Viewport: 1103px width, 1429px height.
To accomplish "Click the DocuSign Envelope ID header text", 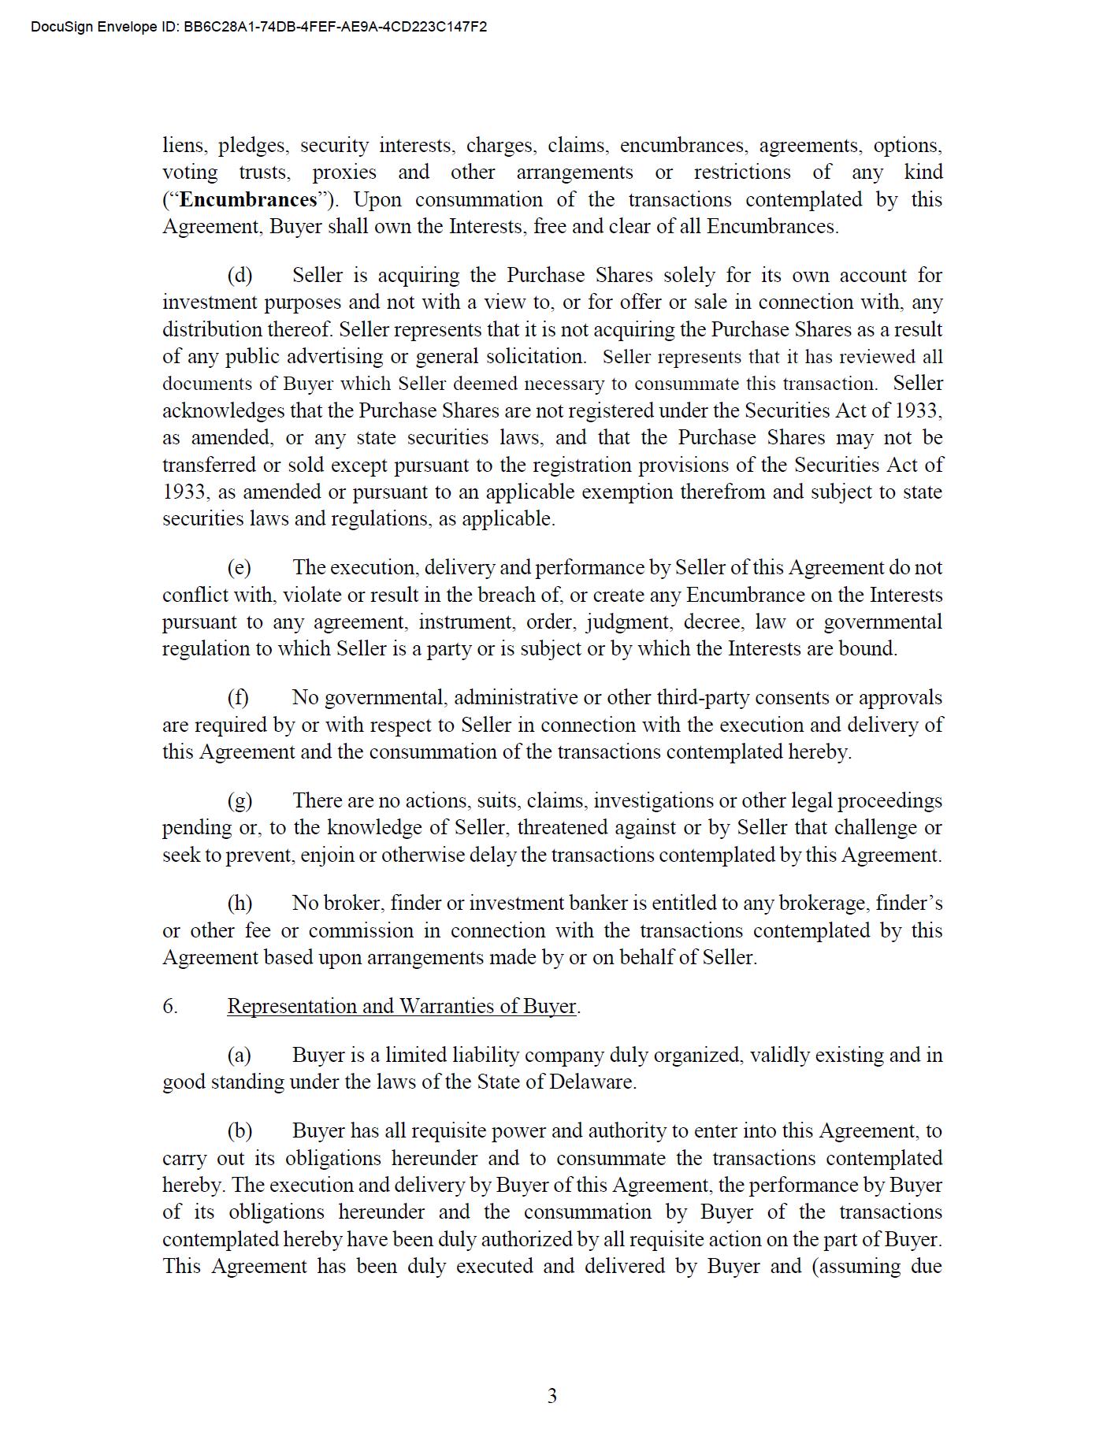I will point(258,27).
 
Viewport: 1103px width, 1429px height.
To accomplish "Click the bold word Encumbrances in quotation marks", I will point(247,199).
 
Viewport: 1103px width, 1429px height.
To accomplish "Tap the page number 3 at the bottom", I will point(551,1396).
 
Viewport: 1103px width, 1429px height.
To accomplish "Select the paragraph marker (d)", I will point(240,275).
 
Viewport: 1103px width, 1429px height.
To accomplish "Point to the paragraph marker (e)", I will point(239,567).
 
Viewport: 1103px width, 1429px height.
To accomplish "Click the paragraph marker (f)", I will point(238,697).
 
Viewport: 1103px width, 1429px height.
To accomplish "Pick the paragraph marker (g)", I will point(240,800).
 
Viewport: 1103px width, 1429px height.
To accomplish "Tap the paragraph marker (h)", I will point(240,903).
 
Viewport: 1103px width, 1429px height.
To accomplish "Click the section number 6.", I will point(169,1006).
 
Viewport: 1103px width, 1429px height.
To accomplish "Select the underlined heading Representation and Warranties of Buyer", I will point(402,1006).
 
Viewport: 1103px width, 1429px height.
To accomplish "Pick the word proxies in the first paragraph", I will point(344,173).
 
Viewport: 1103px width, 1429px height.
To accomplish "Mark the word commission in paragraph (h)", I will point(360,930).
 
